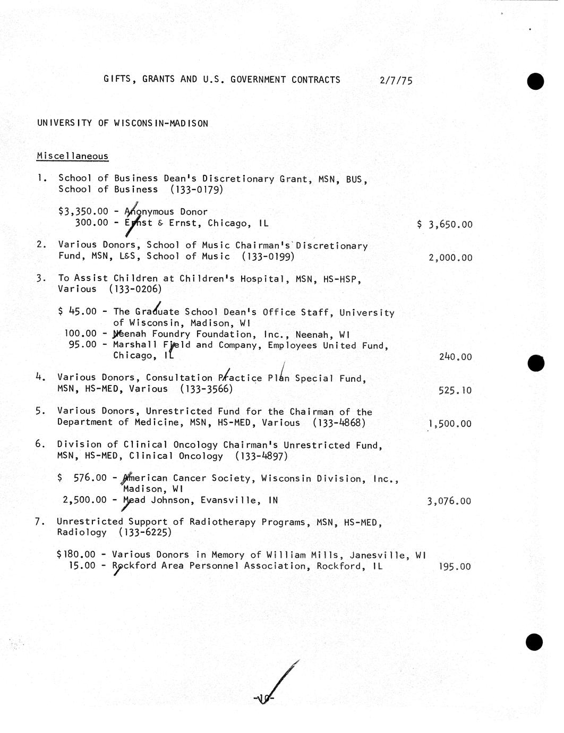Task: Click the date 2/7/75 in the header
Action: (x=396, y=81)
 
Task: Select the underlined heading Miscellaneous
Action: (x=72, y=156)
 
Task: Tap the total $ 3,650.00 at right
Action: (x=445, y=224)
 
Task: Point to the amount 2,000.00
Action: (x=450, y=258)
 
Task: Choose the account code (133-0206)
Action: (x=135, y=289)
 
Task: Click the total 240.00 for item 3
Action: (x=455, y=357)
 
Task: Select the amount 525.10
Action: (x=455, y=390)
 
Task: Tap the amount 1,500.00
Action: (x=450, y=424)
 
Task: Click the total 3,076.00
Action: (x=449, y=501)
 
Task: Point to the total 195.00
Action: (x=455, y=567)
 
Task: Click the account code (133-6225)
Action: (x=145, y=533)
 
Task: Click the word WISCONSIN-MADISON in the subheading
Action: (x=161, y=123)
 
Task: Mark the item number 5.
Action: (x=39, y=411)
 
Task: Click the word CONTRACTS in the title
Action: (x=315, y=80)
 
